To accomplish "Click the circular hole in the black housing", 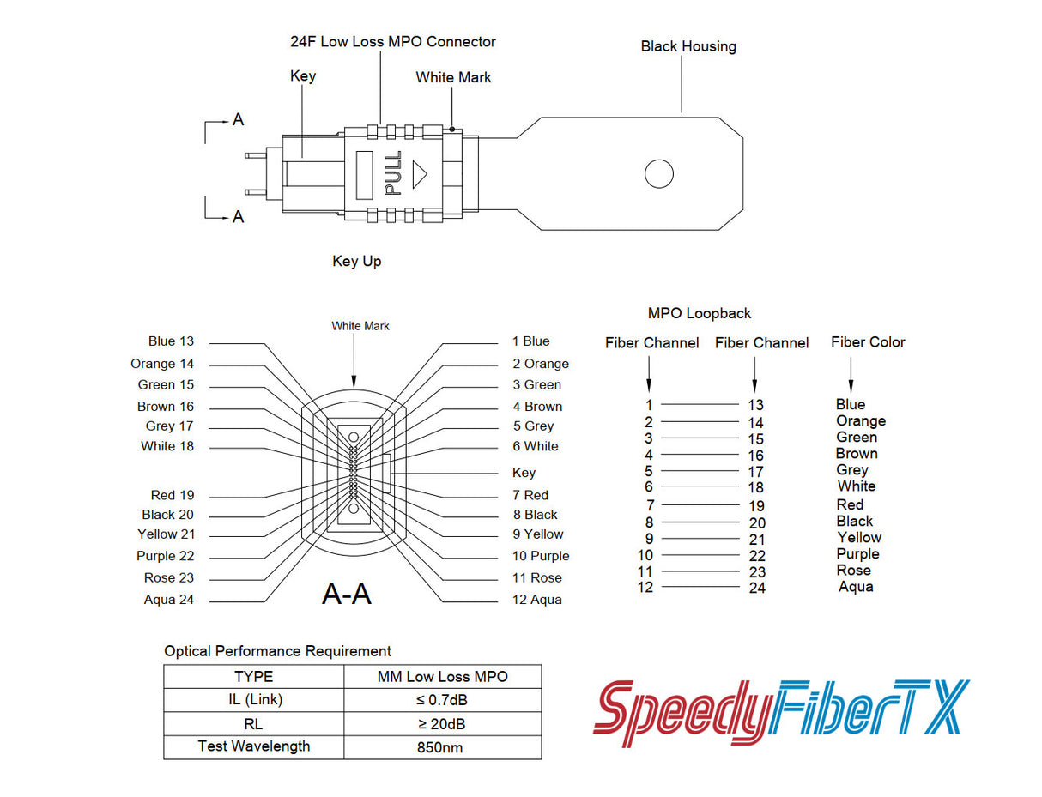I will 658,173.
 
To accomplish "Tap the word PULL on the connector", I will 393,173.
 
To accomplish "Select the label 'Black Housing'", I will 688,46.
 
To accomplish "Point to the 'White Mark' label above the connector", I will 453,77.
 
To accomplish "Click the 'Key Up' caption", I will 356,261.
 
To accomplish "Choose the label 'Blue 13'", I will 171,341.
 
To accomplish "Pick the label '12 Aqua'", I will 536,600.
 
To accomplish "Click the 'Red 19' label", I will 172,495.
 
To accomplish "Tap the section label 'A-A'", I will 346,593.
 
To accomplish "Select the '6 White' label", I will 535,446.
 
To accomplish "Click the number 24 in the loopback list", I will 756,589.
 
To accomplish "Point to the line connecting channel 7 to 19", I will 700,505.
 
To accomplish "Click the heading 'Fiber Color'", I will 867,342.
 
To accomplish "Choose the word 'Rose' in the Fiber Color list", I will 853,571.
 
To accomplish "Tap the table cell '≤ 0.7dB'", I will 441,700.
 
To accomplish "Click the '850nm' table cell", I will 439,747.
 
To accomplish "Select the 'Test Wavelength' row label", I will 253,746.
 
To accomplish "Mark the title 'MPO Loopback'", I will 699,314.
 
